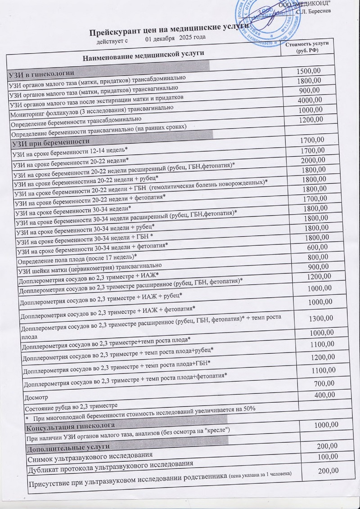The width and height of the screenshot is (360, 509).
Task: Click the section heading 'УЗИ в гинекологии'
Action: coord(42,73)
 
